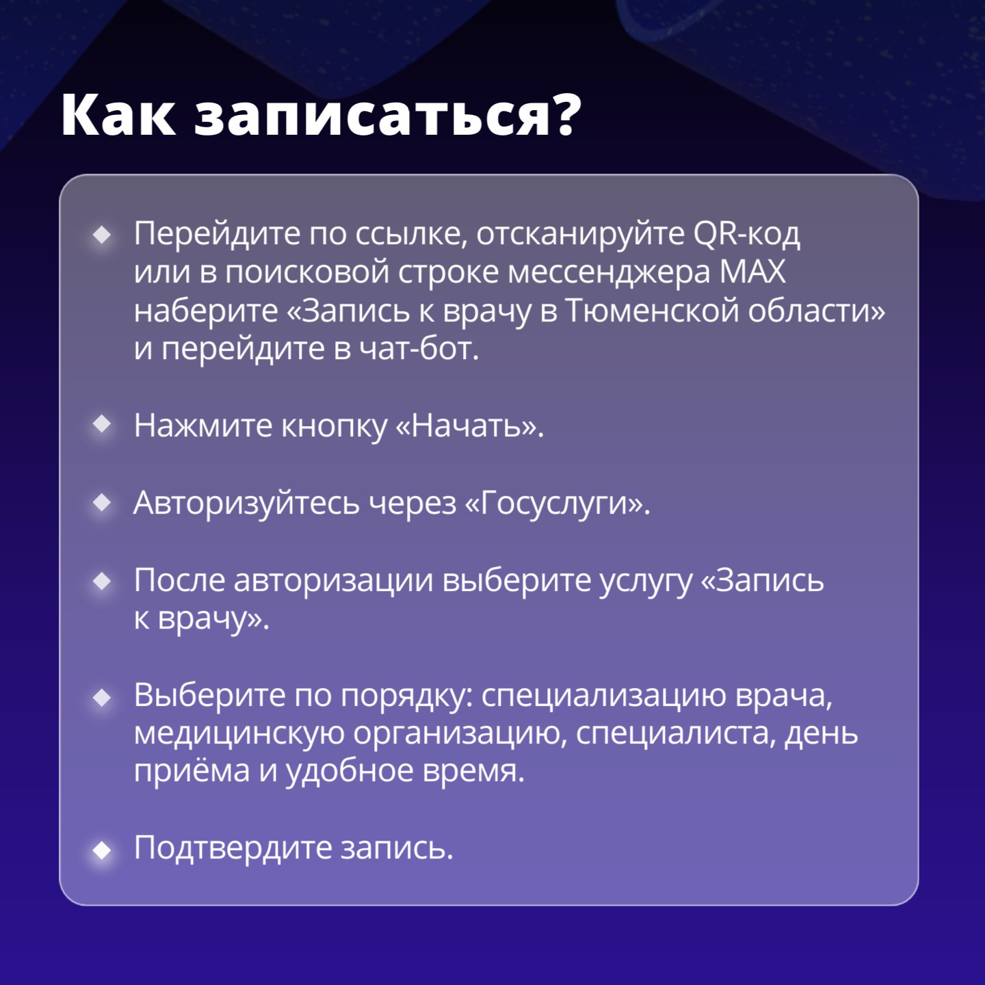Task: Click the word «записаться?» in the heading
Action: pos(387,115)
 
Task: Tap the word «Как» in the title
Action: pos(118,115)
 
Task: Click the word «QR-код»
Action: pos(746,234)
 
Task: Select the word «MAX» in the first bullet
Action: pos(752,272)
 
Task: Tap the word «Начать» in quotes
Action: pos(465,425)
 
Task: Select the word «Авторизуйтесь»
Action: pos(246,503)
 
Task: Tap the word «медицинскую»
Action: pos(239,734)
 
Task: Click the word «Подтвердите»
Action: pos(233,848)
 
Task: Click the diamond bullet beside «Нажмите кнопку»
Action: pos(102,425)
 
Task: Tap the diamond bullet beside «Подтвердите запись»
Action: pos(102,850)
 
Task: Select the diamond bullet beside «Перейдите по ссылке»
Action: pos(102,235)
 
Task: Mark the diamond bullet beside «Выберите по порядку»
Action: pos(102,698)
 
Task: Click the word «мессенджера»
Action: pos(609,272)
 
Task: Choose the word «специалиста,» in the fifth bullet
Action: pos(675,734)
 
